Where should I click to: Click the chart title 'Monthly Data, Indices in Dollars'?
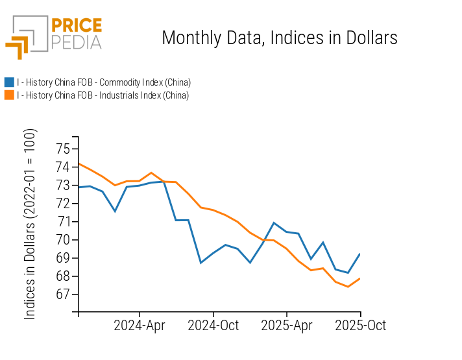coord(279,38)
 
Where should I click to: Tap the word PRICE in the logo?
coord(76,26)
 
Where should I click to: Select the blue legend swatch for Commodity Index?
coord(9,82)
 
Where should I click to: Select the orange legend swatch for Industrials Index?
coord(9,95)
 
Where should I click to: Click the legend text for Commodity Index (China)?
coord(104,82)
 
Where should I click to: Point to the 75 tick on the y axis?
coord(63,149)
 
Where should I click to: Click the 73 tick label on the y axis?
coord(63,186)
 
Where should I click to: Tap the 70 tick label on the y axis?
coord(63,240)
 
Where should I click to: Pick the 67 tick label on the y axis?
coord(63,294)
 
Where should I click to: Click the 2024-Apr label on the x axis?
coord(140,325)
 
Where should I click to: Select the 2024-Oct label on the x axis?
coord(213,325)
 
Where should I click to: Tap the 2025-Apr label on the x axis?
coord(287,325)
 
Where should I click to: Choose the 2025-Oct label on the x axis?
coord(360,325)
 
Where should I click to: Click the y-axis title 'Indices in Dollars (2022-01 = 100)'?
coord(30,224)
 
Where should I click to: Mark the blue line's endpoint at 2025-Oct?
coord(360,254)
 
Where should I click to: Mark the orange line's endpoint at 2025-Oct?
coord(360,278)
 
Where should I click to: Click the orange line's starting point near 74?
coord(79,163)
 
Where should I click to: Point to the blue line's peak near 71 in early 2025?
coord(274,222)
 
